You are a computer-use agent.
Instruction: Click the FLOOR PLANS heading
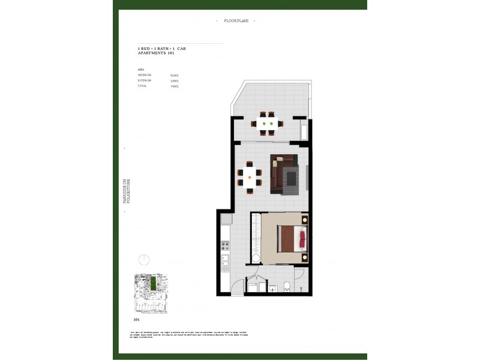pos(235,21)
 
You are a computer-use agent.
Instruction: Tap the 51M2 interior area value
pos(175,75)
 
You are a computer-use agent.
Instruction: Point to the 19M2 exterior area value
pos(175,80)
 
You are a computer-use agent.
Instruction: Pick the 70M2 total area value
pos(175,86)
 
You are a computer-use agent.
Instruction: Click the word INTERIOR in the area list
pos(145,75)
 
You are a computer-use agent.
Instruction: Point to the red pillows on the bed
pos(303,239)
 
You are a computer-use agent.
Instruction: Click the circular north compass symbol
pos(143,260)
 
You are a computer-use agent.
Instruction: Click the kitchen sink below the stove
pos(225,262)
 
